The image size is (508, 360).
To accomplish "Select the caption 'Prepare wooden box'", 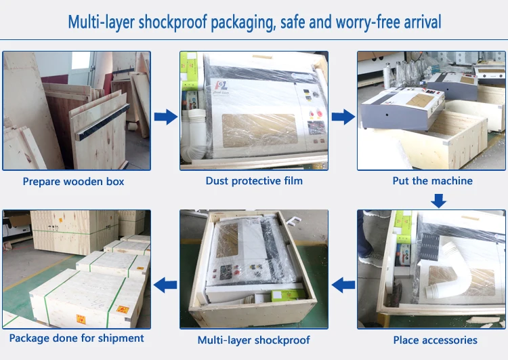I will coord(74,181).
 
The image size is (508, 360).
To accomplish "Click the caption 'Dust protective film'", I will coord(254,181).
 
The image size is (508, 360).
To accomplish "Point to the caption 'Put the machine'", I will coord(433,181).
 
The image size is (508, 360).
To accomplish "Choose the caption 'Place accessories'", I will coord(435,340).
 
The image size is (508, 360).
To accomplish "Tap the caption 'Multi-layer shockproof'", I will coord(254,340).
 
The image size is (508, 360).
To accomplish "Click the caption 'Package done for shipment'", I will coord(76,338).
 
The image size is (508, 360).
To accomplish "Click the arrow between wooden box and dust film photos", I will coord(165,117).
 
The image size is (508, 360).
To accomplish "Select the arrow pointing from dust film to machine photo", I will coord(343,117).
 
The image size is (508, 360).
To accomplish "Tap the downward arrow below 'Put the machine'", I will coord(439,200).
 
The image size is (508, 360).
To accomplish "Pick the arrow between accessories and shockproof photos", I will coord(344,284).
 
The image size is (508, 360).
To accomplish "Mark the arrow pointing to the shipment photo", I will coord(165,284).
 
